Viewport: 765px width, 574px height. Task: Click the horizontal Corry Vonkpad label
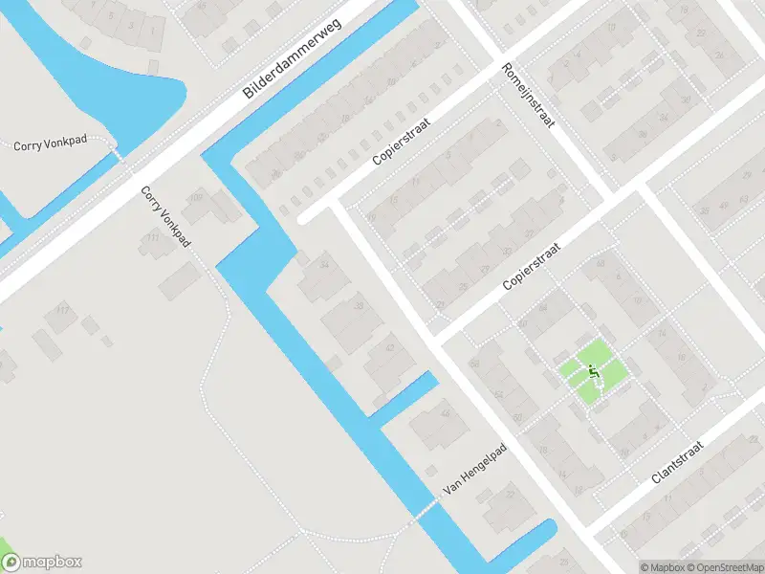point(50,144)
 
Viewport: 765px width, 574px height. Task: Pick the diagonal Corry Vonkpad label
point(165,216)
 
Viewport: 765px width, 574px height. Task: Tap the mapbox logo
point(41,563)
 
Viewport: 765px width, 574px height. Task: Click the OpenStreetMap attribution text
point(723,567)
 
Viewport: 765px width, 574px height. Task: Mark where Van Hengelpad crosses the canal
point(419,516)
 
